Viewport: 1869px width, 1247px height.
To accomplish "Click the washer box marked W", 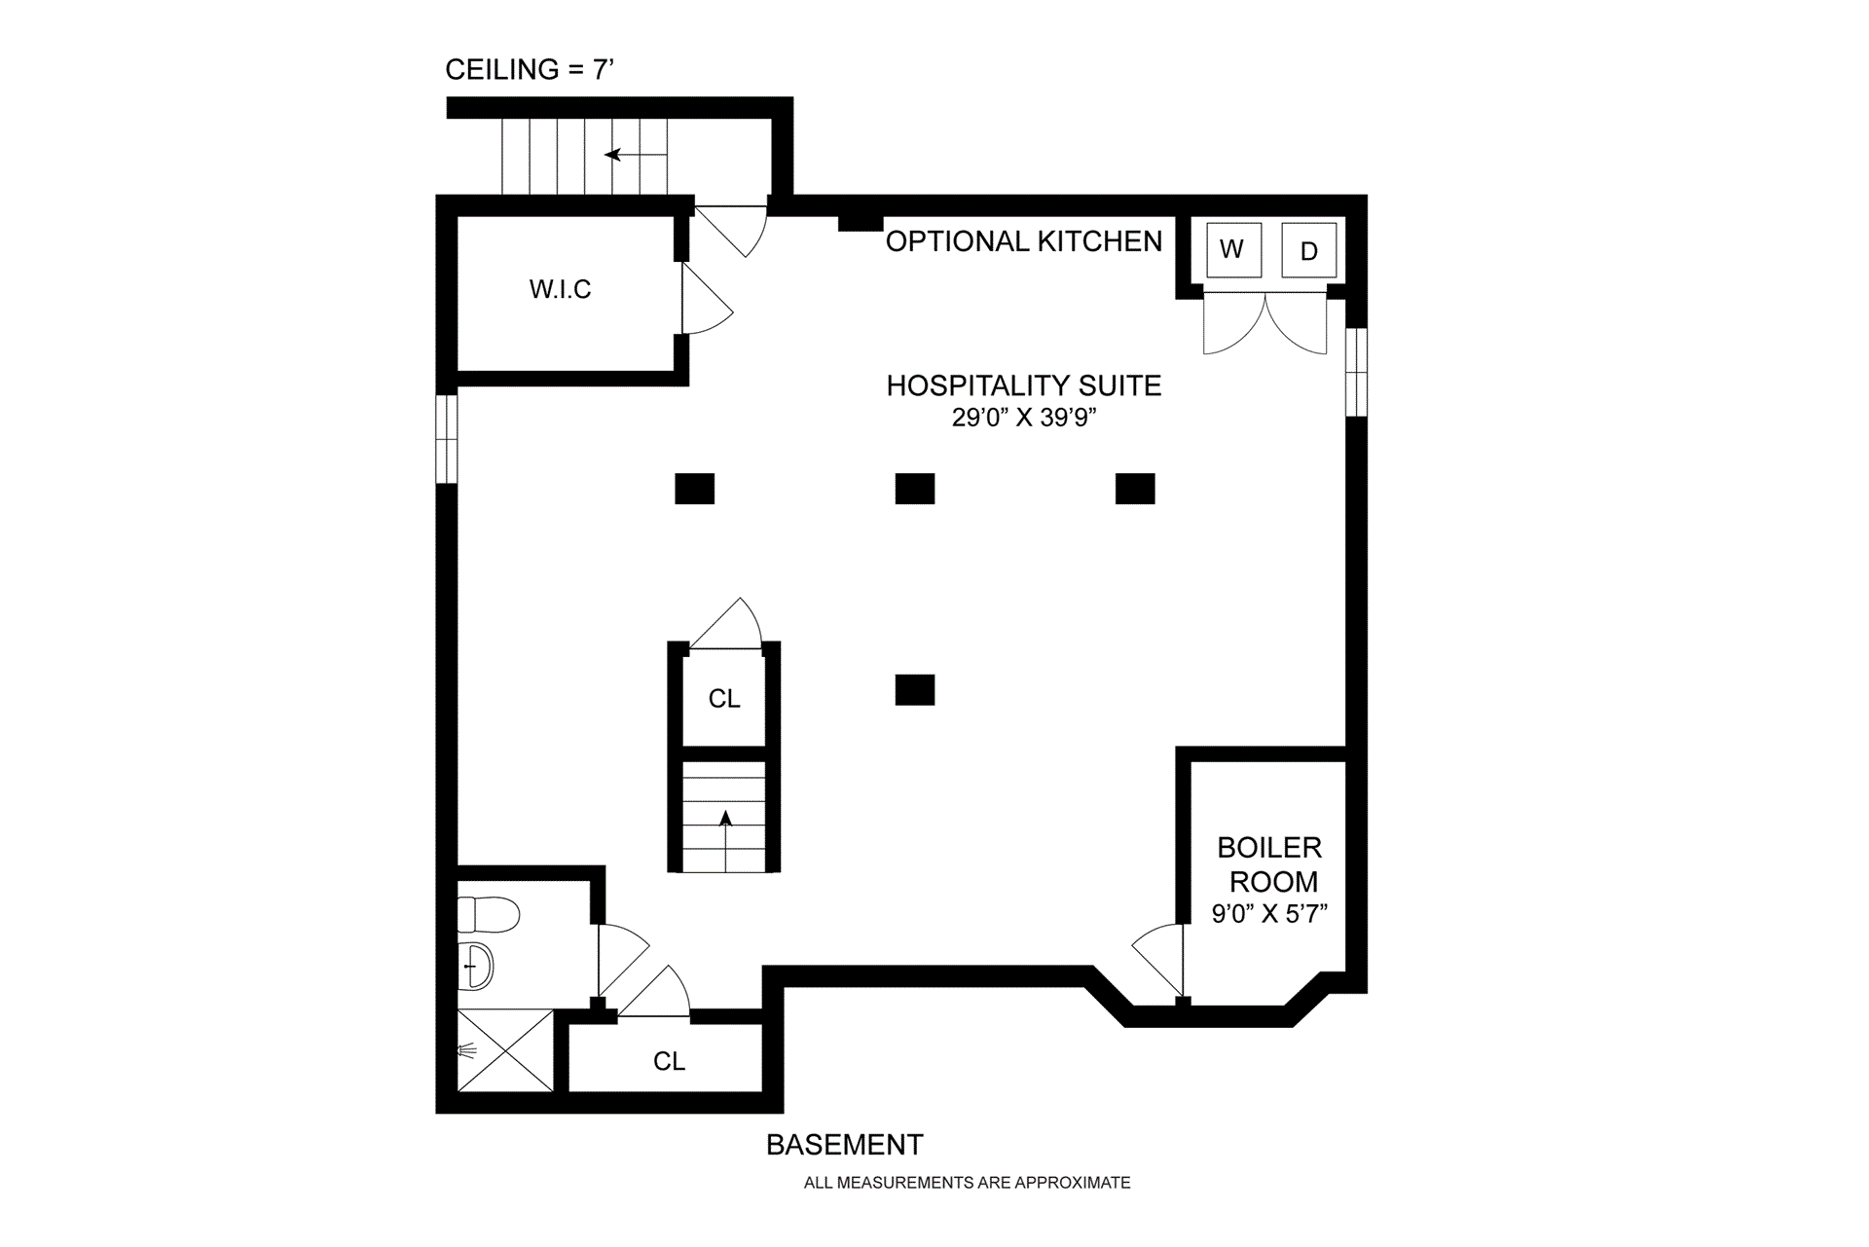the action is [1232, 250].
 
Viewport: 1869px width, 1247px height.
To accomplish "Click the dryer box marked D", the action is [1308, 250].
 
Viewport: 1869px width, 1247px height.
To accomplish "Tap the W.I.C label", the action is [560, 289].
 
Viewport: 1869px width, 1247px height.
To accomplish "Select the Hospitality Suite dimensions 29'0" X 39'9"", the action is [1024, 418].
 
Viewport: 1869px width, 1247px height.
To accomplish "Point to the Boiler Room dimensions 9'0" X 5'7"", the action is [1269, 914].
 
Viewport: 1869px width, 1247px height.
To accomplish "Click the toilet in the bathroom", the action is [487, 914].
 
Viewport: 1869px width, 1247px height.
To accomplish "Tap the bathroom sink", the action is [476, 966].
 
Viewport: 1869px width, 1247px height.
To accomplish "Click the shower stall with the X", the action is [504, 1050].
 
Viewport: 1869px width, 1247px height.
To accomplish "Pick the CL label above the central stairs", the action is [724, 698].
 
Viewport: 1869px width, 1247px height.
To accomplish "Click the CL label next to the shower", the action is [669, 1061].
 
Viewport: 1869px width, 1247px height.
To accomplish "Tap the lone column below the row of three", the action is [915, 689].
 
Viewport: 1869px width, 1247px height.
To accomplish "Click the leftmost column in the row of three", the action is [695, 489].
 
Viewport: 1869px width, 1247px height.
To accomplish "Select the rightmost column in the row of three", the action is [1135, 489].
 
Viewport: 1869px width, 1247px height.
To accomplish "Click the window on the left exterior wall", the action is [446, 438].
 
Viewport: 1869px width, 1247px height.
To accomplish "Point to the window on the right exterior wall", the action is [1356, 372].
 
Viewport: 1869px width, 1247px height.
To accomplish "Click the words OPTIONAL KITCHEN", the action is [1024, 241].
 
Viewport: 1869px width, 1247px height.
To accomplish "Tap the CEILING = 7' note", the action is [530, 70].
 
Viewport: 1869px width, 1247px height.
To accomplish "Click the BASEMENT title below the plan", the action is [844, 1145].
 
